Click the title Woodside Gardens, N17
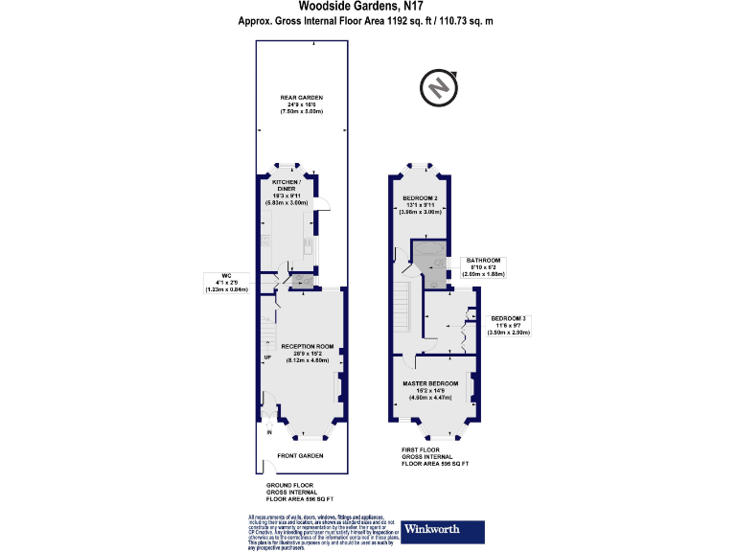pos(368,7)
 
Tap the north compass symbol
pos(438,88)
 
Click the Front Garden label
pos(300,455)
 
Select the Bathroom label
pos(484,260)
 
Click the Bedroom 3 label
pos(510,317)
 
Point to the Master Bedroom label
pos(429,382)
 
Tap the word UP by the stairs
pos(267,359)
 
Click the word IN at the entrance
pos(269,434)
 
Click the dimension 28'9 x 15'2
pos(307,352)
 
